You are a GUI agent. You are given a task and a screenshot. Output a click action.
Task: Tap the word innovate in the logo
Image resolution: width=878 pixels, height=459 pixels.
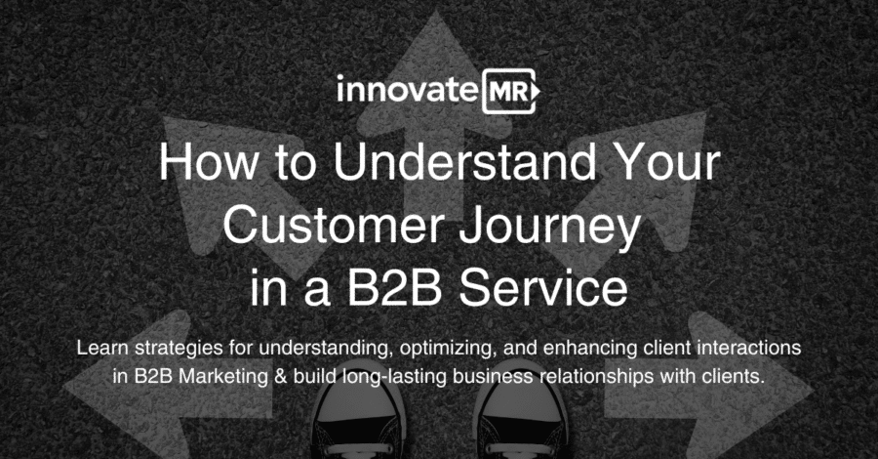[408, 90]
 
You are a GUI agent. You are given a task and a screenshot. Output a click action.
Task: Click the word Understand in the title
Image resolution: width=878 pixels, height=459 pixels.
[464, 162]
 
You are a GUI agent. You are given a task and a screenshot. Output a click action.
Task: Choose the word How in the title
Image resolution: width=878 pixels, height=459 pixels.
[210, 162]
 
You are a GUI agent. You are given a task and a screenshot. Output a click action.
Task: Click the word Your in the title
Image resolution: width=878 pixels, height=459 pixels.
[665, 162]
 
